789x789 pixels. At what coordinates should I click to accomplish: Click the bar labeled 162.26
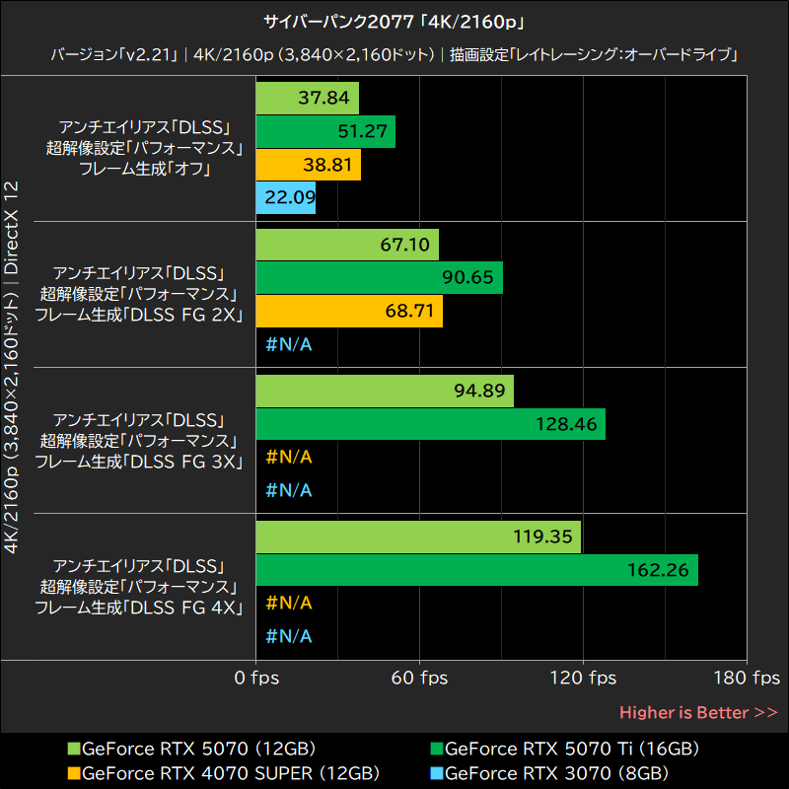[x=476, y=570]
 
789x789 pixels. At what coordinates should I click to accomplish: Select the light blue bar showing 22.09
[x=285, y=199]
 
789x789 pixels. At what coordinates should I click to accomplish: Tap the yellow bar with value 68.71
[x=349, y=311]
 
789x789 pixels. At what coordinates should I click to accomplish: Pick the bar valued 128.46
[x=430, y=424]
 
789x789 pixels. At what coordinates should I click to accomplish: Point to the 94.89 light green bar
[x=385, y=391]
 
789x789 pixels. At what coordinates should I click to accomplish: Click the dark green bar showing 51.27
[x=325, y=132]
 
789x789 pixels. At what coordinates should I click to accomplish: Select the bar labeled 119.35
[x=418, y=538]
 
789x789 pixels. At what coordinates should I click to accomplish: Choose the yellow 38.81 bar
[x=308, y=166]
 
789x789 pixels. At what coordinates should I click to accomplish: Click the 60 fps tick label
[x=420, y=679]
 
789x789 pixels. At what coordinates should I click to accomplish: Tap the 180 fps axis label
[x=747, y=679]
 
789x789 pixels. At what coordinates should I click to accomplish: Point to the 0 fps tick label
[x=256, y=679]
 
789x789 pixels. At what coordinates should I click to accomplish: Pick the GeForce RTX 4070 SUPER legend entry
[x=224, y=772]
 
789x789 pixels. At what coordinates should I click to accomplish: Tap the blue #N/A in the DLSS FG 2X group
[x=289, y=344]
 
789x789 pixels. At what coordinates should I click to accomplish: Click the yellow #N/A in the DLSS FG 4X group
[x=289, y=603]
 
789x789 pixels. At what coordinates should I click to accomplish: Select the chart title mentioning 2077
[x=394, y=21]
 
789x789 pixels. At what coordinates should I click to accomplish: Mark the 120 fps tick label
[x=583, y=679]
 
